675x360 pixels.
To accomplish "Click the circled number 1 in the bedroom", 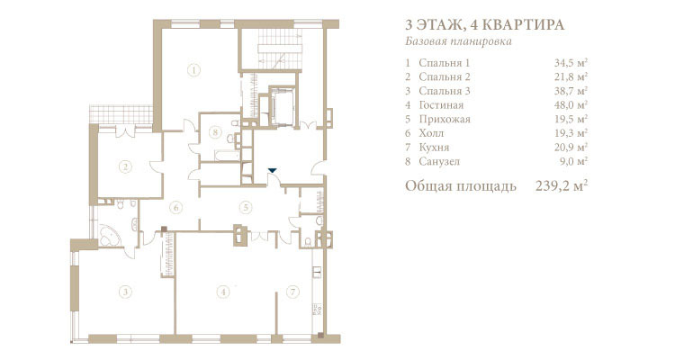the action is point(194,70).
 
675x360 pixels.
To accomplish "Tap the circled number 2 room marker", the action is point(125,166).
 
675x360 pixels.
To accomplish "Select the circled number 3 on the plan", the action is point(125,292).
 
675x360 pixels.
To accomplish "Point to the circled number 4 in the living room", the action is point(223,292).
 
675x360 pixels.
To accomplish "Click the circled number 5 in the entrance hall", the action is point(246,208).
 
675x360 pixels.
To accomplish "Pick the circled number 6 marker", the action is point(175,208).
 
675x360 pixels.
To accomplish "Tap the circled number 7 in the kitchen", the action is point(292,292).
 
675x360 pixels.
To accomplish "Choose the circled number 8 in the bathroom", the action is point(215,131).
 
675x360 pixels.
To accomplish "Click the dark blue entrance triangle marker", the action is point(272,170).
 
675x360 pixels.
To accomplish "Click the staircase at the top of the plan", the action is point(280,49).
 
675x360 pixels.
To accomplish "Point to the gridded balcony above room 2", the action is point(121,114).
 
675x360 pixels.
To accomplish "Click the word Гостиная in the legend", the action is point(441,105).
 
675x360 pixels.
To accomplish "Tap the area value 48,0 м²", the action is point(571,105).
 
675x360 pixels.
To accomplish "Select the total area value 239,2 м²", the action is point(562,186).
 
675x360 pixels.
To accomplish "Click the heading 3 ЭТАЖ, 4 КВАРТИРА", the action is point(485,24).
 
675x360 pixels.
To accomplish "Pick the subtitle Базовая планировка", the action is point(458,41).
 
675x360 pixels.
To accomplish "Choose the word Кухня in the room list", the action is point(434,148).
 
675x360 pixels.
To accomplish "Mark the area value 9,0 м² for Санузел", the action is point(574,161).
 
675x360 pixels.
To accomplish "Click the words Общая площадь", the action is point(461,186).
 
